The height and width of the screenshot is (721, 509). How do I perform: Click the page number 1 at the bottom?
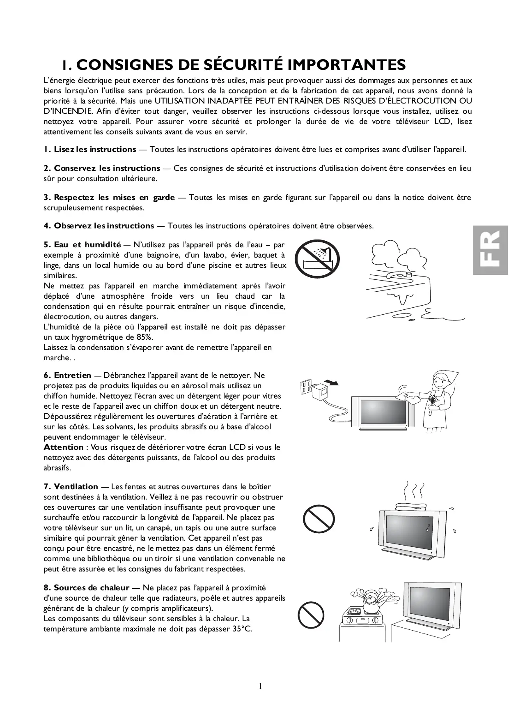[x=260, y=686]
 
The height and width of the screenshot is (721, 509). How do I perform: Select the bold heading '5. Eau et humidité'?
[x=82, y=245]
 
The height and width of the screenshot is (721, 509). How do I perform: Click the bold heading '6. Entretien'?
[x=68, y=375]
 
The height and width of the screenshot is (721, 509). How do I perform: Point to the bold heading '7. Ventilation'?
[x=71, y=487]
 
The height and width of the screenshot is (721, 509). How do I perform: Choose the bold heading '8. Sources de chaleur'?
[x=87, y=588]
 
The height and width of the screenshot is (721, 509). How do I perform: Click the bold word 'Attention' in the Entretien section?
[x=64, y=447]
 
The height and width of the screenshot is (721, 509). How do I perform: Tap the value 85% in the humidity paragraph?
[x=144, y=337]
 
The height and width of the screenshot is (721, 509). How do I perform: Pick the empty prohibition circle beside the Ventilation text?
[x=319, y=518]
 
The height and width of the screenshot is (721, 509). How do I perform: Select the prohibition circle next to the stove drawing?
[x=311, y=615]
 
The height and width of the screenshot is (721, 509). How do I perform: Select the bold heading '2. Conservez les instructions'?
[x=102, y=168]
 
